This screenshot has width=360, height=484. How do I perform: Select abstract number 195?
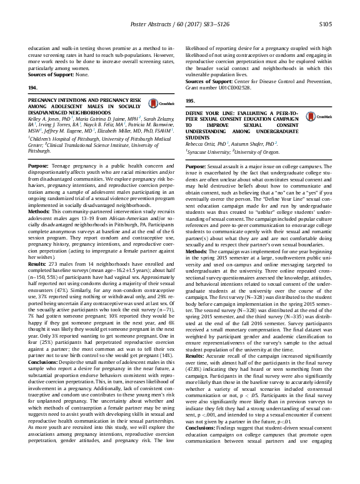(191, 100)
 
